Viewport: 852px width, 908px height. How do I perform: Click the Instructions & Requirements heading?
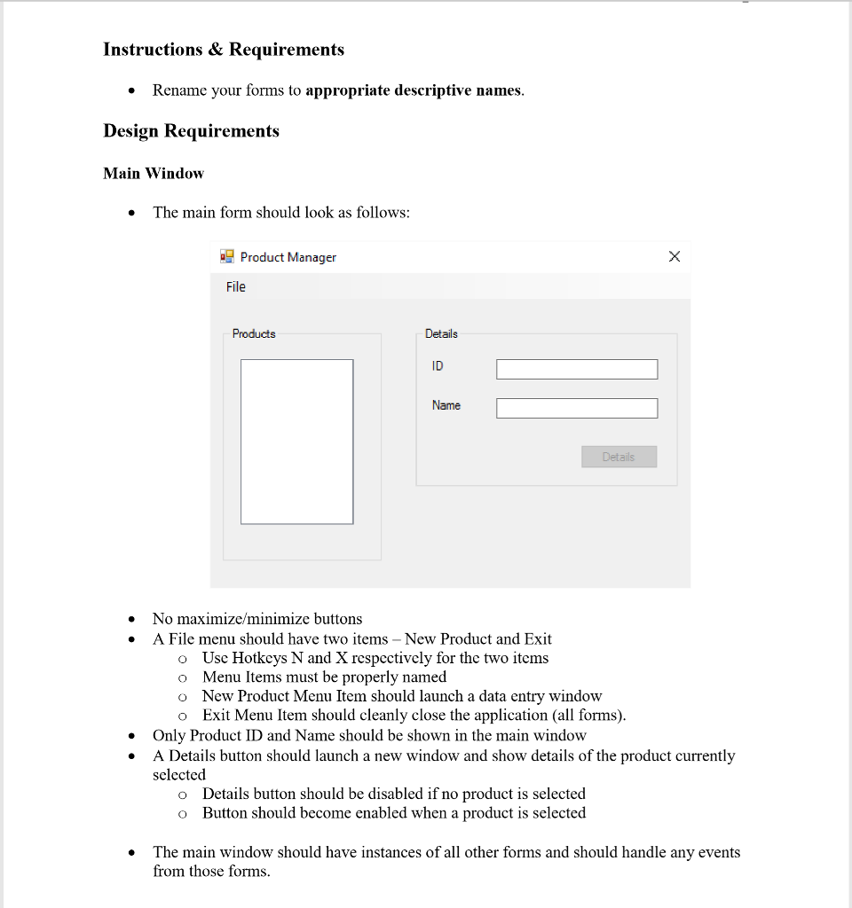pyautogui.click(x=224, y=50)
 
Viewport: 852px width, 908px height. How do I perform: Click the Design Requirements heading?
pyautogui.click(x=191, y=131)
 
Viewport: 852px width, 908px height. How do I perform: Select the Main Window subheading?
pyautogui.click(x=154, y=174)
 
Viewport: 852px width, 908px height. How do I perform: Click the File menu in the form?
pyautogui.click(x=235, y=286)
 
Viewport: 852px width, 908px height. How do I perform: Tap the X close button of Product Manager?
pyautogui.click(x=674, y=257)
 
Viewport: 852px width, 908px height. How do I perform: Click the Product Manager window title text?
pyautogui.click(x=288, y=257)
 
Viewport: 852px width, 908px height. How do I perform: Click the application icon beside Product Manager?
pyautogui.click(x=227, y=257)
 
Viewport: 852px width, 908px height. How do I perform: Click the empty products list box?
pyautogui.click(x=296, y=441)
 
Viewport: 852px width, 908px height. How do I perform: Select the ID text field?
pyautogui.click(x=577, y=369)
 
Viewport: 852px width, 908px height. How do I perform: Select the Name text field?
pyautogui.click(x=577, y=408)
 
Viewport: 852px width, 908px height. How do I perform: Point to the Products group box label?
pyautogui.click(x=254, y=333)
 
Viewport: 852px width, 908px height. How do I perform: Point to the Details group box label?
pyautogui.click(x=441, y=333)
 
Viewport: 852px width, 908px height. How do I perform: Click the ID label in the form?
pyautogui.click(x=438, y=366)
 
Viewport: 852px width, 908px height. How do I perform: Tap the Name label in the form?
pyautogui.click(x=446, y=405)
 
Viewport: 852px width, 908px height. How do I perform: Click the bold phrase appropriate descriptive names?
pyautogui.click(x=413, y=90)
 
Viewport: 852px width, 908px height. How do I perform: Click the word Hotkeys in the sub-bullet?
pyautogui.click(x=259, y=658)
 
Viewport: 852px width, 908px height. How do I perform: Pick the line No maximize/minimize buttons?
pyautogui.click(x=257, y=619)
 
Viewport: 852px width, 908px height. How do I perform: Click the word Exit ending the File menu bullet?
pyautogui.click(x=538, y=639)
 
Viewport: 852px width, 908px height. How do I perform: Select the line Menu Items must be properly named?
pyautogui.click(x=324, y=677)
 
